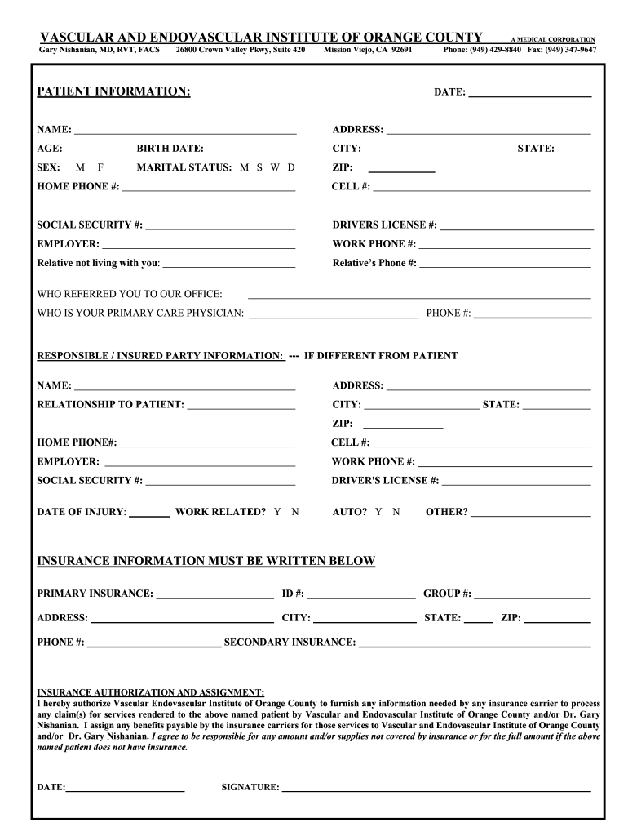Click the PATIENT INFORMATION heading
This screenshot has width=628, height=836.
[113, 91]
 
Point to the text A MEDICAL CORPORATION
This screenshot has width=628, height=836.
[552, 39]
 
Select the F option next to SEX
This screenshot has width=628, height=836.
[101, 167]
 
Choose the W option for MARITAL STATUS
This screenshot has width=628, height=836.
[275, 167]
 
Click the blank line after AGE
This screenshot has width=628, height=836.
[93, 149]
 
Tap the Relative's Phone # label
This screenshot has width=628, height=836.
[374, 263]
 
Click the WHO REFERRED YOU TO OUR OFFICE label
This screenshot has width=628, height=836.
[130, 294]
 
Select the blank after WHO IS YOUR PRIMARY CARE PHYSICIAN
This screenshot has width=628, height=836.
[333, 313]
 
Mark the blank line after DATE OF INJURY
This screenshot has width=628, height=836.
[149, 514]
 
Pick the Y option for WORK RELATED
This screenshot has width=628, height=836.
[277, 512]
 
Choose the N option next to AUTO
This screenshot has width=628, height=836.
[396, 512]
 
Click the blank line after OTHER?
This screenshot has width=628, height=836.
[530, 514]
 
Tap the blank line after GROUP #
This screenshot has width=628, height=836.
[533, 594]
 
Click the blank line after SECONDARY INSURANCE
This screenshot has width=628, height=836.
[475, 643]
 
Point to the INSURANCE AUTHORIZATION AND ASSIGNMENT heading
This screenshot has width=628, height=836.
[150, 691]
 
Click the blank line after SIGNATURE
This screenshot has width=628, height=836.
[436, 789]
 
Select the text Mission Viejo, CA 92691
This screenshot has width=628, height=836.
[368, 50]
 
